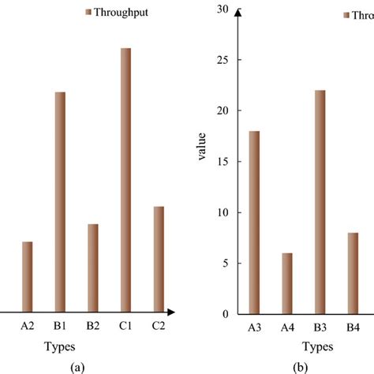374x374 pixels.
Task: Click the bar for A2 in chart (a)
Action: tap(28, 277)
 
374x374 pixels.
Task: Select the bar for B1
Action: tap(60, 202)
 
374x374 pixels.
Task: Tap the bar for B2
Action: tap(93, 268)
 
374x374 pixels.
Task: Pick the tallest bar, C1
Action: tap(125, 181)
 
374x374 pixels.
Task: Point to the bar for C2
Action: tap(159, 260)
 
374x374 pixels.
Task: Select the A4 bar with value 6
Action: tap(286, 283)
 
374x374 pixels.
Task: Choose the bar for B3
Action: tap(320, 202)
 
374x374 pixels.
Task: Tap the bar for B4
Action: tap(353, 273)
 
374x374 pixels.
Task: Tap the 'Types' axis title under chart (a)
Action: tap(60, 346)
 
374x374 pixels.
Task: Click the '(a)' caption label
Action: tap(77, 367)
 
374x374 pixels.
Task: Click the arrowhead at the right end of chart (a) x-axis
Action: tap(170, 314)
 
